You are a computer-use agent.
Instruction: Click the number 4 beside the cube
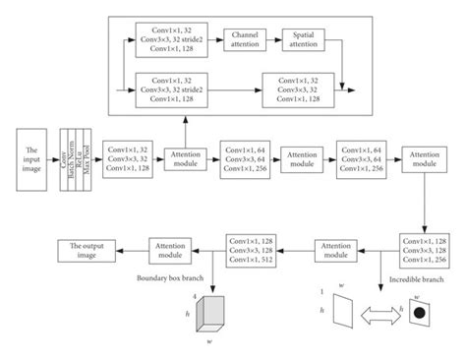[x=195, y=295]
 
